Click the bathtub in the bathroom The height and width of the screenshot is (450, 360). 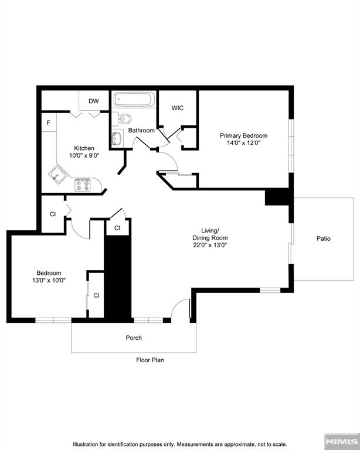[x=134, y=99]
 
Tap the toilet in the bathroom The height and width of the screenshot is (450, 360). [x=119, y=117]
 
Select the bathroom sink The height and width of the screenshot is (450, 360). [x=116, y=139]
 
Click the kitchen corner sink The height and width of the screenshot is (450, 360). [x=58, y=174]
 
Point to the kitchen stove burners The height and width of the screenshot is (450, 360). [x=82, y=185]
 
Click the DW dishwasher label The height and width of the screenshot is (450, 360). [x=94, y=101]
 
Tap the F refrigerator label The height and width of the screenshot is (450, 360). [x=49, y=123]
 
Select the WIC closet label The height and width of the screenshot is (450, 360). [x=178, y=108]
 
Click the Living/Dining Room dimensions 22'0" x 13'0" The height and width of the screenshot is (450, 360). [x=210, y=246]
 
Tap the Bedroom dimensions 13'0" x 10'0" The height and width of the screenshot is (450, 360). [x=49, y=281]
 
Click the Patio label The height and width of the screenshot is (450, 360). [x=324, y=239]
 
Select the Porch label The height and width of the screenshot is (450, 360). [x=134, y=338]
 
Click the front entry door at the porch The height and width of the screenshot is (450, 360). [x=182, y=309]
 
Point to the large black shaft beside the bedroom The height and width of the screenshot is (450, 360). [x=117, y=275]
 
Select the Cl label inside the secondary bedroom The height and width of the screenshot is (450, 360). [x=96, y=295]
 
